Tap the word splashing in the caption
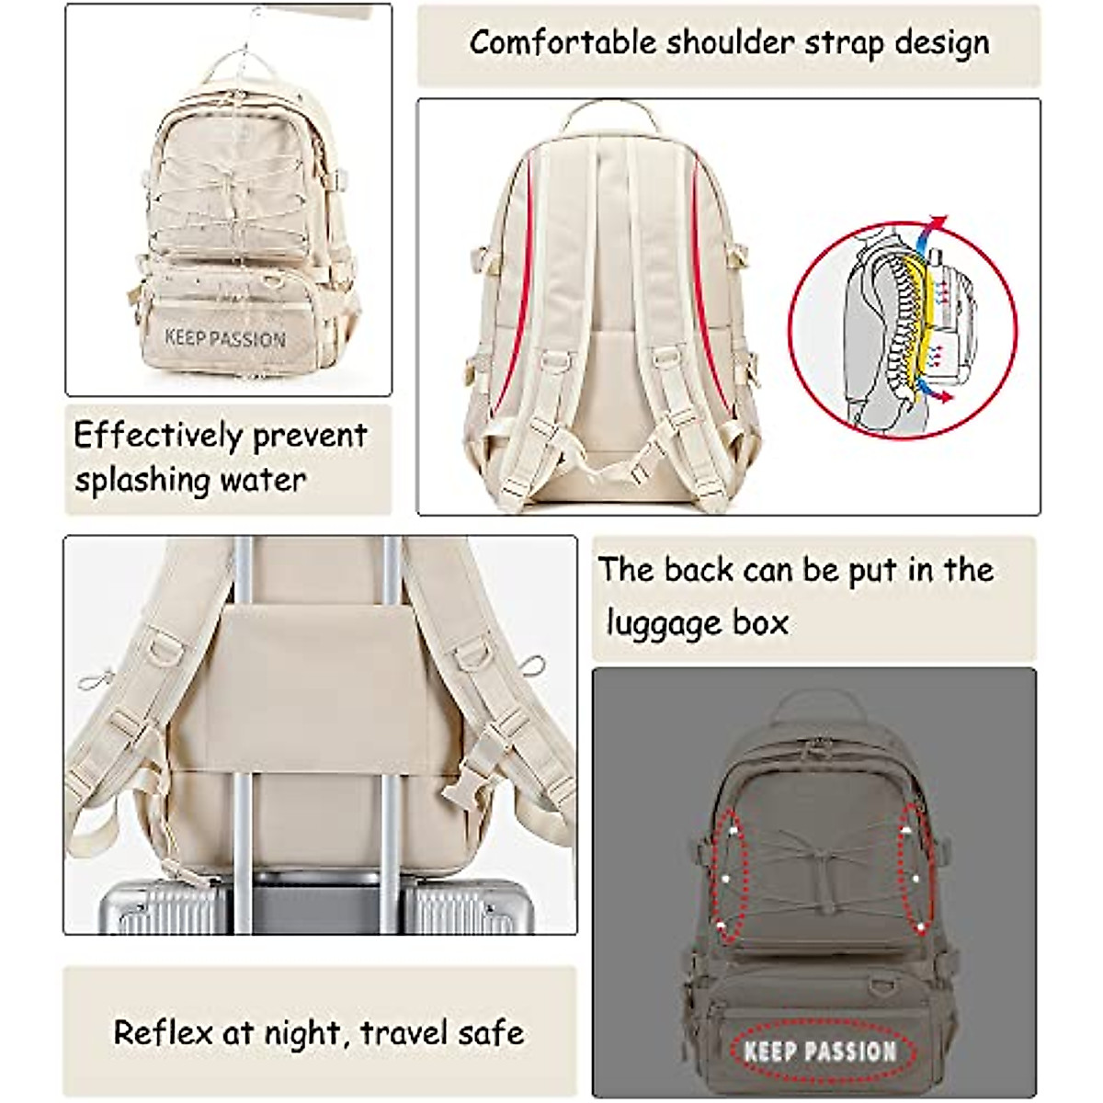pos(142,480)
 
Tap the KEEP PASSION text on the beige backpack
pos(225,338)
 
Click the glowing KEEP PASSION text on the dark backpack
pos(820,1051)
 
